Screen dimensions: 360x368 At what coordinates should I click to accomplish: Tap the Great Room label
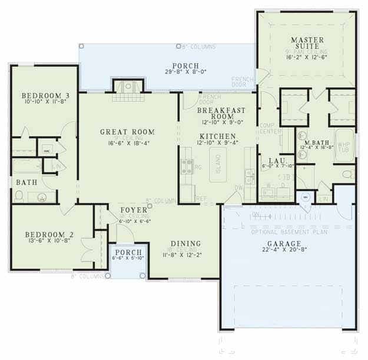(x=127, y=132)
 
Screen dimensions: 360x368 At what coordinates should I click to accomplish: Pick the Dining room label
(x=185, y=244)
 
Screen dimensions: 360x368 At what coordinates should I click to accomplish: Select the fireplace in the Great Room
(x=128, y=87)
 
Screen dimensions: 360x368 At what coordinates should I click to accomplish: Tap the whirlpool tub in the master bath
(x=344, y=147)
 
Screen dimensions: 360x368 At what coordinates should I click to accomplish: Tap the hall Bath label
(x=26, y=183)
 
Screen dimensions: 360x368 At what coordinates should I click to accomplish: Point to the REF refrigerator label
(x=201, y=198)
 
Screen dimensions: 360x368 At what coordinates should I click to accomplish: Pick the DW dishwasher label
(x=238, y=188)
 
